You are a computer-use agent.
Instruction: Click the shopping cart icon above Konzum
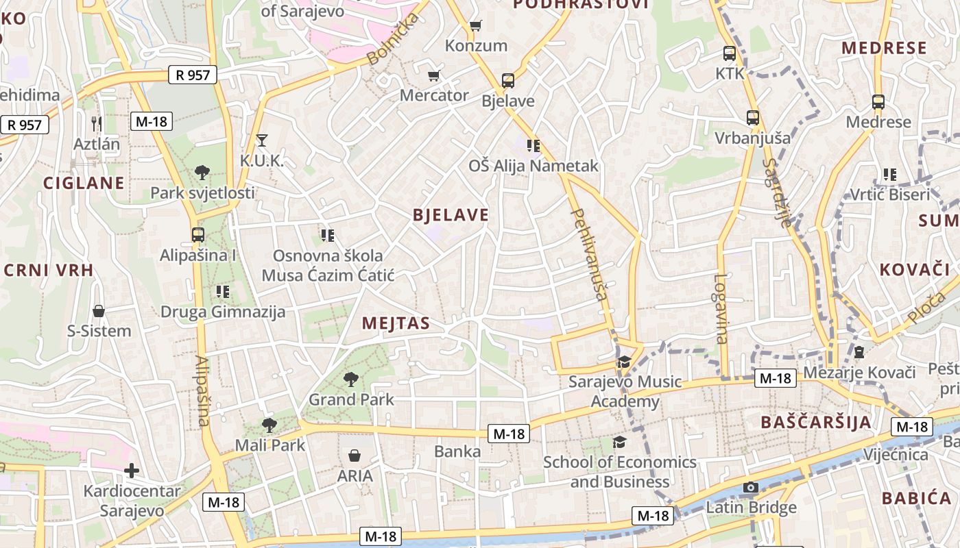pyautogui.click(x=475, y=26)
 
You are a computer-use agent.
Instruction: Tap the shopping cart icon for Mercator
pyautogui.click(x=433, y=75)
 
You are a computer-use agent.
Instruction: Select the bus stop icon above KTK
pyautogui.click(x=730, y=53)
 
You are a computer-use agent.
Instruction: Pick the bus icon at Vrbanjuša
pyautogui.click(x=753, y=118)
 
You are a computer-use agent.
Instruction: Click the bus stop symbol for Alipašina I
pyautogui.click(x=198, y=235)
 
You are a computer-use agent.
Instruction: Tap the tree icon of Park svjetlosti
pyautogui.click(x=202, y=172)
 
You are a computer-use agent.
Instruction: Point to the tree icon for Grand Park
pyautogui.click(x=351, y=379)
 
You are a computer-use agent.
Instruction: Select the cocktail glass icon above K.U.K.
pyautogui.click(x=261, y=140)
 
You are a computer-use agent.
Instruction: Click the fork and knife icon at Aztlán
pyautogui.click(x=97, y=124)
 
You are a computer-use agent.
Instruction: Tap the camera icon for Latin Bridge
pyautogui.click(x=751, y=488)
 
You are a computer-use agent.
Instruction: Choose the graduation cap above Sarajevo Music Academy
pyautogui.click(x=624, y=362)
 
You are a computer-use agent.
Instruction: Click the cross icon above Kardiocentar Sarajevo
pyautogui.click(x=132, y=471)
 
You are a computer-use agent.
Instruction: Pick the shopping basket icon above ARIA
pyautogui.click(x=355, y=456)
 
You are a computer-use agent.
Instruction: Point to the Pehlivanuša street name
pyautogui.click(x=590, y=255)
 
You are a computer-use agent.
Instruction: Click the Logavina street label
pyautogui.click(x=720, y=308)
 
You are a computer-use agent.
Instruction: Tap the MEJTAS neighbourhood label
pyautogui.click(x=396, y=323)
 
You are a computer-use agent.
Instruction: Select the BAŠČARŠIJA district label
pyautogui.click(x=816, y=422)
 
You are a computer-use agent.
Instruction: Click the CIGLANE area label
pyautogui.click(x=84, y=183)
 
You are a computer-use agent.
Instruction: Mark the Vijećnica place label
pyautogui.click(x=896, y=455)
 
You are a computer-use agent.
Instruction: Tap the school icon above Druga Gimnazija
pyautogui.click(x=222, y=292)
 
